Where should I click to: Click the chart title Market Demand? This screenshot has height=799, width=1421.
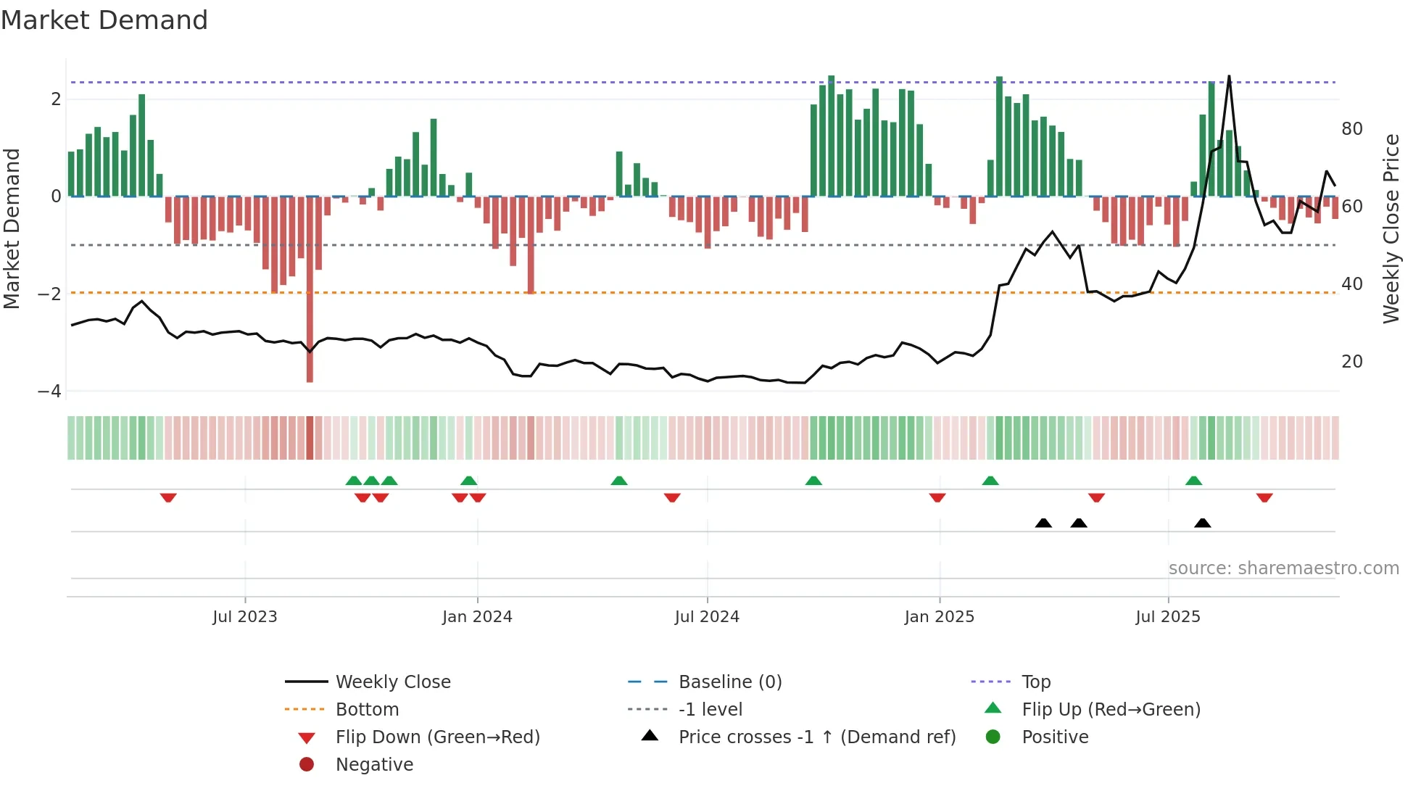click(x=104, y=20)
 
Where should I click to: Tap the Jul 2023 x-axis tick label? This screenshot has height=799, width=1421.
click(x=244, y=617)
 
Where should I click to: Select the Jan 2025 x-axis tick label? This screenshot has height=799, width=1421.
click(x=939, y=617)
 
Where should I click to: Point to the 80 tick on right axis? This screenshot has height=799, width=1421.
click(x=1351, y=129)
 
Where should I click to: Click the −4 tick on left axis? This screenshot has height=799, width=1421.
click(x=50, y=392)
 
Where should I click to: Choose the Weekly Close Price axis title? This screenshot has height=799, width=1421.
click(x=1391, y=228)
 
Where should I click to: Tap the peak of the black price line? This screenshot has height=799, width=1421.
click(x=1229, y=76)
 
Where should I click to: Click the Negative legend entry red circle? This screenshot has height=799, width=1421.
click(x=307, y=765)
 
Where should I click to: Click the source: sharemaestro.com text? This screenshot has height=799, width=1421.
click(x=1283, y=568)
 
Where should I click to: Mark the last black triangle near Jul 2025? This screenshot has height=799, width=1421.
click(x=1202, y=523)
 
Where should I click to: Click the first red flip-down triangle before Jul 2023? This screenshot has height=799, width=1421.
click(x=168, y=497)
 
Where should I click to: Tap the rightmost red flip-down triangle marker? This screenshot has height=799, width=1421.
click(x=1264, y=497)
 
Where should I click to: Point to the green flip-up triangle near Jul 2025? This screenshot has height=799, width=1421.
click(x=1193, y=481)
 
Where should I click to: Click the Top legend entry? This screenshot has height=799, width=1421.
click(x=1035, y=682)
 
